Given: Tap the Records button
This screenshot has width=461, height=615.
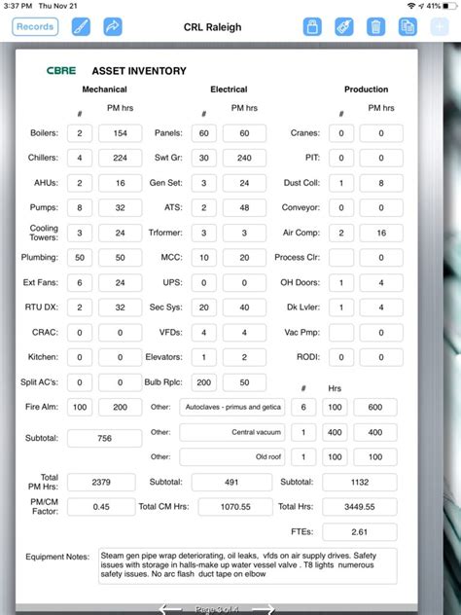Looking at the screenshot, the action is tap(35, 27).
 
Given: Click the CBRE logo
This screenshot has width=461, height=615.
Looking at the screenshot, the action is tap(61, 70).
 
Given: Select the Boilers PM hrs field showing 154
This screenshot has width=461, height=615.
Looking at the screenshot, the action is tap(120, 132).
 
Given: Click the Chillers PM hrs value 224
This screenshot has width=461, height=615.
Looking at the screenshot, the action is tap(120, 158).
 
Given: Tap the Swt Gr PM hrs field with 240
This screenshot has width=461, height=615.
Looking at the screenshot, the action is tap(244, 158).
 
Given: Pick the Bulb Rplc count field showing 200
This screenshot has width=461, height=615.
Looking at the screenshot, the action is tap(203, 382).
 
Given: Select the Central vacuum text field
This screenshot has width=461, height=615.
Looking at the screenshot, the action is tap(233, 432).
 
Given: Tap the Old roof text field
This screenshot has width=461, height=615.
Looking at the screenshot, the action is tap(233, 456).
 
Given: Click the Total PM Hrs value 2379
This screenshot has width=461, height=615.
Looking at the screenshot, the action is tap(100, 482).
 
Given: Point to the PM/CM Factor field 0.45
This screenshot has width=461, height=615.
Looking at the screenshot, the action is tap(100, 506).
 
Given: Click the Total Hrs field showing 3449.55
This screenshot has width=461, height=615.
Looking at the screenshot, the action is tap(360, 506).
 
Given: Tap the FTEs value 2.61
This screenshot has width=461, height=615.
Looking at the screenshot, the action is tap(360, 532).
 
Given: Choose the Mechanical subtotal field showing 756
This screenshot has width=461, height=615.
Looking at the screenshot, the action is tap(103, 439).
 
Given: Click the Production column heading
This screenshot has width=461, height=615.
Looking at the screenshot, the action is tap(366, 90).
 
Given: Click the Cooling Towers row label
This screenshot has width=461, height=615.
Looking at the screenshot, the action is tap(44, 233).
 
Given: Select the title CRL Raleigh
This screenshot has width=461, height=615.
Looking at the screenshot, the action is tap(211, 27).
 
